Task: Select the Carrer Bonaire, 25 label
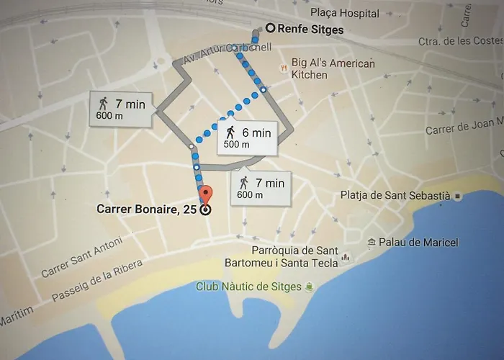click(x=148, y=210)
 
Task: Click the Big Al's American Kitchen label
click(x=333, y=69)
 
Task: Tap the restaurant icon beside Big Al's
click(x=284, y=69)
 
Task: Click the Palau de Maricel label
click(x=419, y=243)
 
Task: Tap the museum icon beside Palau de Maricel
click(x=372, y=243)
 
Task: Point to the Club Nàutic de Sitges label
click(x=249, y=287)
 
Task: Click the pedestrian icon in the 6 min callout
click(x=230, y=132)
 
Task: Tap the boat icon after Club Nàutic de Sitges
click(x=309, y=287)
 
